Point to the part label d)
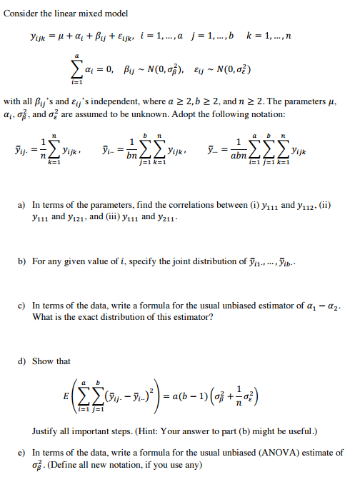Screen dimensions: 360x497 (23, 361)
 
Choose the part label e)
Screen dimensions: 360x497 (23, 452)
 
